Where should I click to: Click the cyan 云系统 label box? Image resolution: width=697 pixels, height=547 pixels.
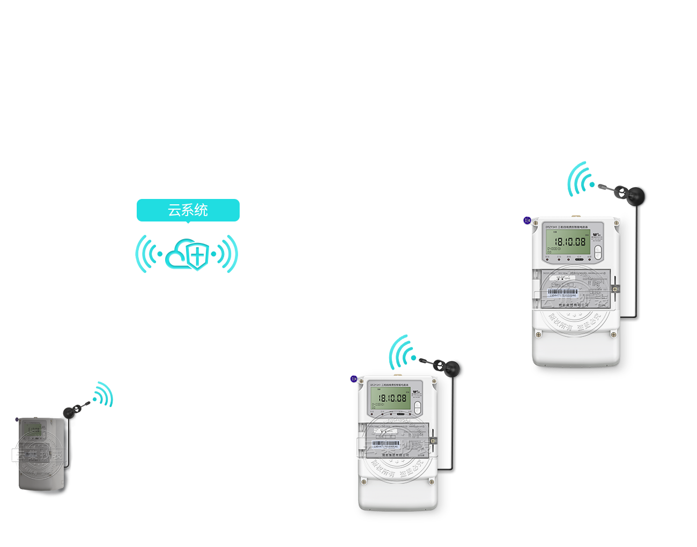(x=188, y=211)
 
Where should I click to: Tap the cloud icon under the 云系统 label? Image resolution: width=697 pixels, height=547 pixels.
(x=186, y=255)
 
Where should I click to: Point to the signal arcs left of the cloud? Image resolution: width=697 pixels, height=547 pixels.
(x=147, y=254)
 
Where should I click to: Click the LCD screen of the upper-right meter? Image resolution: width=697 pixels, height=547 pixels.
(x=567, y=242)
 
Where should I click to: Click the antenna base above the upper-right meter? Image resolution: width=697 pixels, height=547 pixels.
(x=638, y=196)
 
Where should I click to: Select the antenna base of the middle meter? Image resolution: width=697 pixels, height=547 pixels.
(x=450, y=369)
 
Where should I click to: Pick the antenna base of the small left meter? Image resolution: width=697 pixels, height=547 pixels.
(x=69, y=412)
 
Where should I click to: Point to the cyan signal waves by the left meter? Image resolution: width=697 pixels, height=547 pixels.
(x=103, y=395)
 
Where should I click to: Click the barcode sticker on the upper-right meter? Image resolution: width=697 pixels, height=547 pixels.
(x=563, y=293)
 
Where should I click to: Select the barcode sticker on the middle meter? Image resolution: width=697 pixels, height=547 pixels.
(x=385, y=445)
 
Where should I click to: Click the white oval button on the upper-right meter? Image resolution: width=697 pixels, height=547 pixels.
(x=598, y=252)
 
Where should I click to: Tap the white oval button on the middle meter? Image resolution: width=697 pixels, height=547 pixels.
(x=418, y=408)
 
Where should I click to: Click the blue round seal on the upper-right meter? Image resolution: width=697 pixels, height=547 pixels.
(x=527, y=220)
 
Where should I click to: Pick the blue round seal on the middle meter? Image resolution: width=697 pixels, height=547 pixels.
(x=354, y=379)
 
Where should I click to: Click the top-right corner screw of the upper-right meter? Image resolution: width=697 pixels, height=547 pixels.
(x=617, y=223)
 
